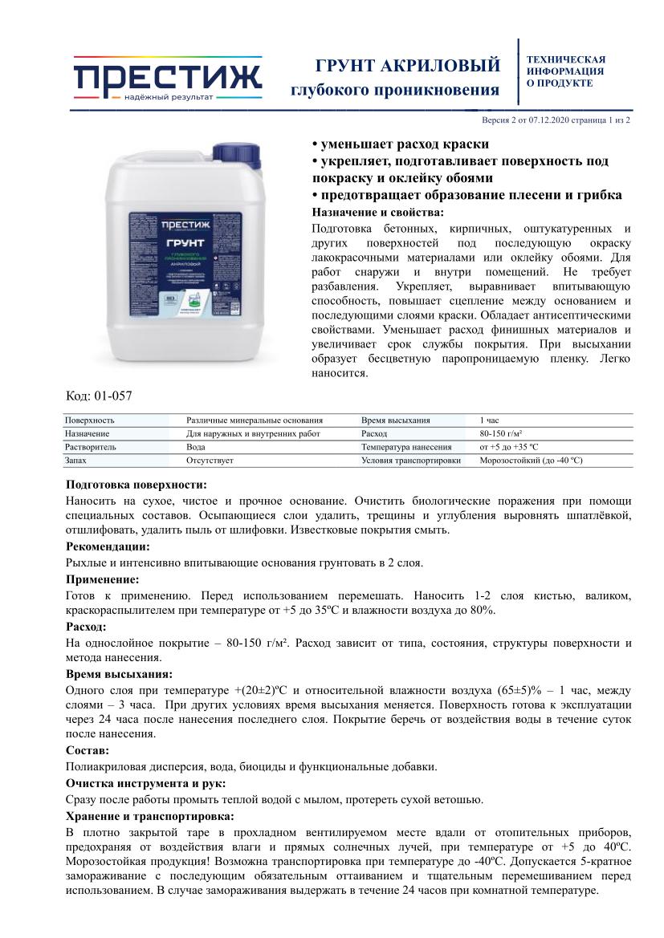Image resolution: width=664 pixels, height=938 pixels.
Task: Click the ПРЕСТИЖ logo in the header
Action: (x=168, y=79)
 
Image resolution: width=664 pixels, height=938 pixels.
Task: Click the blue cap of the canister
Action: (x=238, y=152)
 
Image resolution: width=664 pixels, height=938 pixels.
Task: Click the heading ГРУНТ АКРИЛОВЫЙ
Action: (x=408, y=65)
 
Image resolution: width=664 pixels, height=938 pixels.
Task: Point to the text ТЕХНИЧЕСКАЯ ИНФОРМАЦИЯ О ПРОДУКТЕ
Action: (x=565, y=71)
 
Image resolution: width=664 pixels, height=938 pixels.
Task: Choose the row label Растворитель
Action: (x=90, y=447)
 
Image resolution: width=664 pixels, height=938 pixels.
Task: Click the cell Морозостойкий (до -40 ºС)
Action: (x=531, y=461)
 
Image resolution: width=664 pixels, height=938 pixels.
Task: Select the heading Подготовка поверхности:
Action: (x=136, y=485)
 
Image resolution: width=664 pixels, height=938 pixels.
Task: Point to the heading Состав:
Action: (x=87, y=750)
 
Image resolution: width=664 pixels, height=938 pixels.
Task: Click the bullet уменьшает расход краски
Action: (x=400, y=144)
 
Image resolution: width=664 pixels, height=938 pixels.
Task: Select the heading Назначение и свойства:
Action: (x=377, y=212)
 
